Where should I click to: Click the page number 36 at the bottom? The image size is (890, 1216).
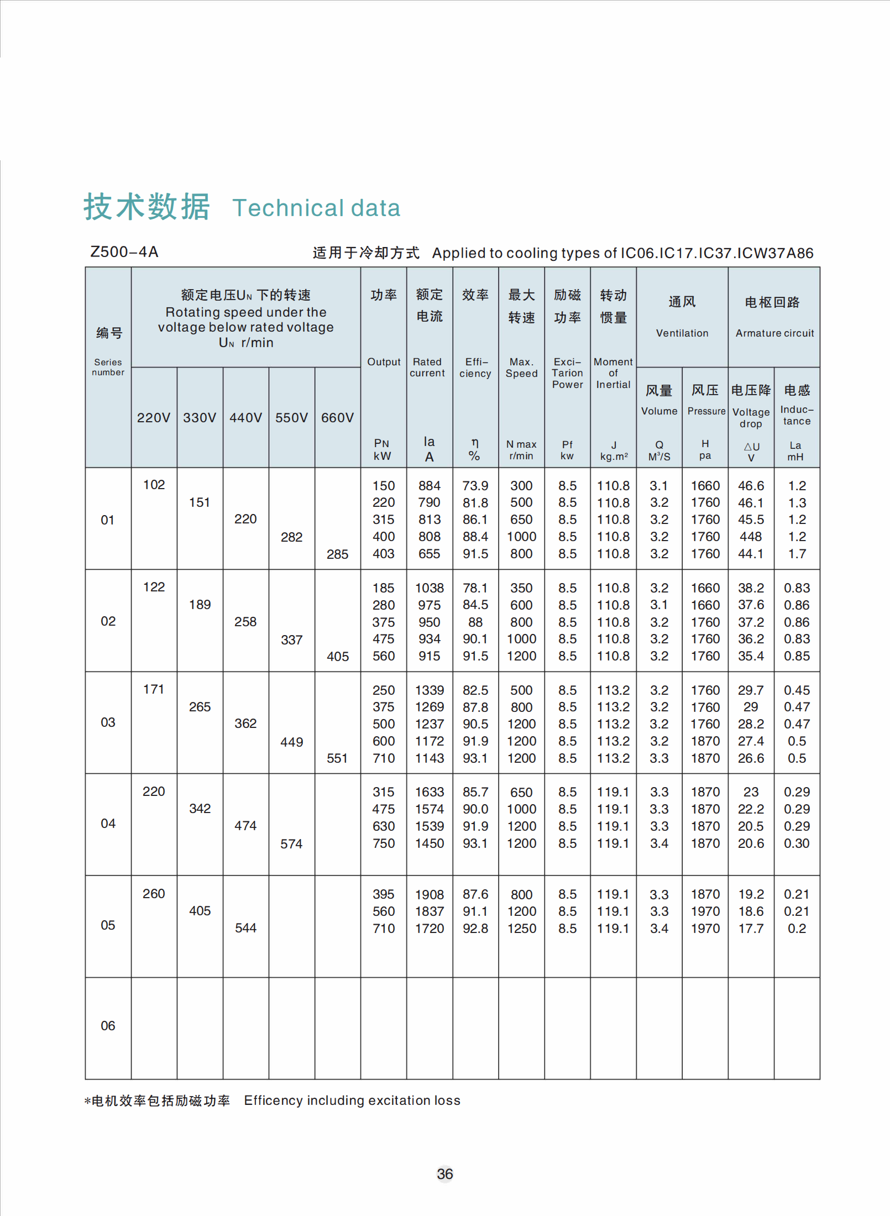444,1174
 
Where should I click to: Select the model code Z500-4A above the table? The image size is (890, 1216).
124,252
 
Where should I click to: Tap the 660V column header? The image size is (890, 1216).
337,418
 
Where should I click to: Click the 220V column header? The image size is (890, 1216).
154,418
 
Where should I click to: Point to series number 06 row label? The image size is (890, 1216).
108,1026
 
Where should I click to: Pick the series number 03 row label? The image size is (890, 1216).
108,722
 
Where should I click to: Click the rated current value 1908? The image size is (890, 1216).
430,894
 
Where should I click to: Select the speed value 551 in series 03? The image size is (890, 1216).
337,758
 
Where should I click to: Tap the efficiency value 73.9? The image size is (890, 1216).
475,486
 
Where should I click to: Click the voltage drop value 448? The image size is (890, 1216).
751,537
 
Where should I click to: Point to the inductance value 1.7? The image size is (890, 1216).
797,554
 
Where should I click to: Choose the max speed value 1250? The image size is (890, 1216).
521,929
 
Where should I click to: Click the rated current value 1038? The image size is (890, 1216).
430,588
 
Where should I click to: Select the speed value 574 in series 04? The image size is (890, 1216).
291,844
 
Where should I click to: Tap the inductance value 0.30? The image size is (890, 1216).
797,843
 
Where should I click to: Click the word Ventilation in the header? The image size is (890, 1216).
682,333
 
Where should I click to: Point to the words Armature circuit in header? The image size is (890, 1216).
774,333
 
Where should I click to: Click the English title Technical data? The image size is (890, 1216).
316,208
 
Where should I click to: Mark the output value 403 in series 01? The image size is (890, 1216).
383,554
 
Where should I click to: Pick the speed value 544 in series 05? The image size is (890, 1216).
245,928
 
